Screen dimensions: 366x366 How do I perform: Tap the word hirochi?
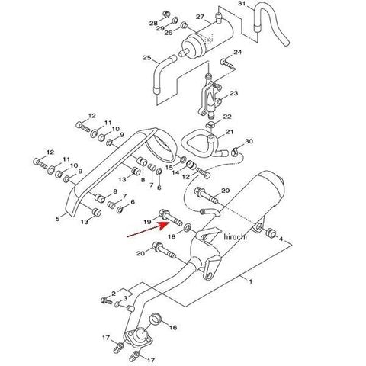(235, 237)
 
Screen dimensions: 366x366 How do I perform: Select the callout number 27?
(200, 17)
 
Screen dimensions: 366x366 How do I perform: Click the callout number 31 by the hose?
(242, 3)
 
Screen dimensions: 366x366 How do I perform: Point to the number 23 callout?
(233, 93)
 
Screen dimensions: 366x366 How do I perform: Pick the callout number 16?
(173, 327)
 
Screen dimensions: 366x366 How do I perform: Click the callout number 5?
(58, 218)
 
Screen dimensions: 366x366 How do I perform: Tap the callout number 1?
(251, 281)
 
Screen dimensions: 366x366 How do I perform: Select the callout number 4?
(281, 239)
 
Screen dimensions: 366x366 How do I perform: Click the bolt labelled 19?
(170, 218)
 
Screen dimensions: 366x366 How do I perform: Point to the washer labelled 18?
(188, 226)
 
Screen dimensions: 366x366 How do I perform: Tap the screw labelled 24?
(227, 63)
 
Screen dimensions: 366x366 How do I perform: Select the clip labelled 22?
(210, 124)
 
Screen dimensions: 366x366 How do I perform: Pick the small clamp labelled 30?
(234, 152)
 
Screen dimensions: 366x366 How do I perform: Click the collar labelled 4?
(271, 233)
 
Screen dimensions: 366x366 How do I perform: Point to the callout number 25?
(147, 58)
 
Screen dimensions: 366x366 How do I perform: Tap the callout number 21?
(230, 132)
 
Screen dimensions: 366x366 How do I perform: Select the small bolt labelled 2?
(107, 300)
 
